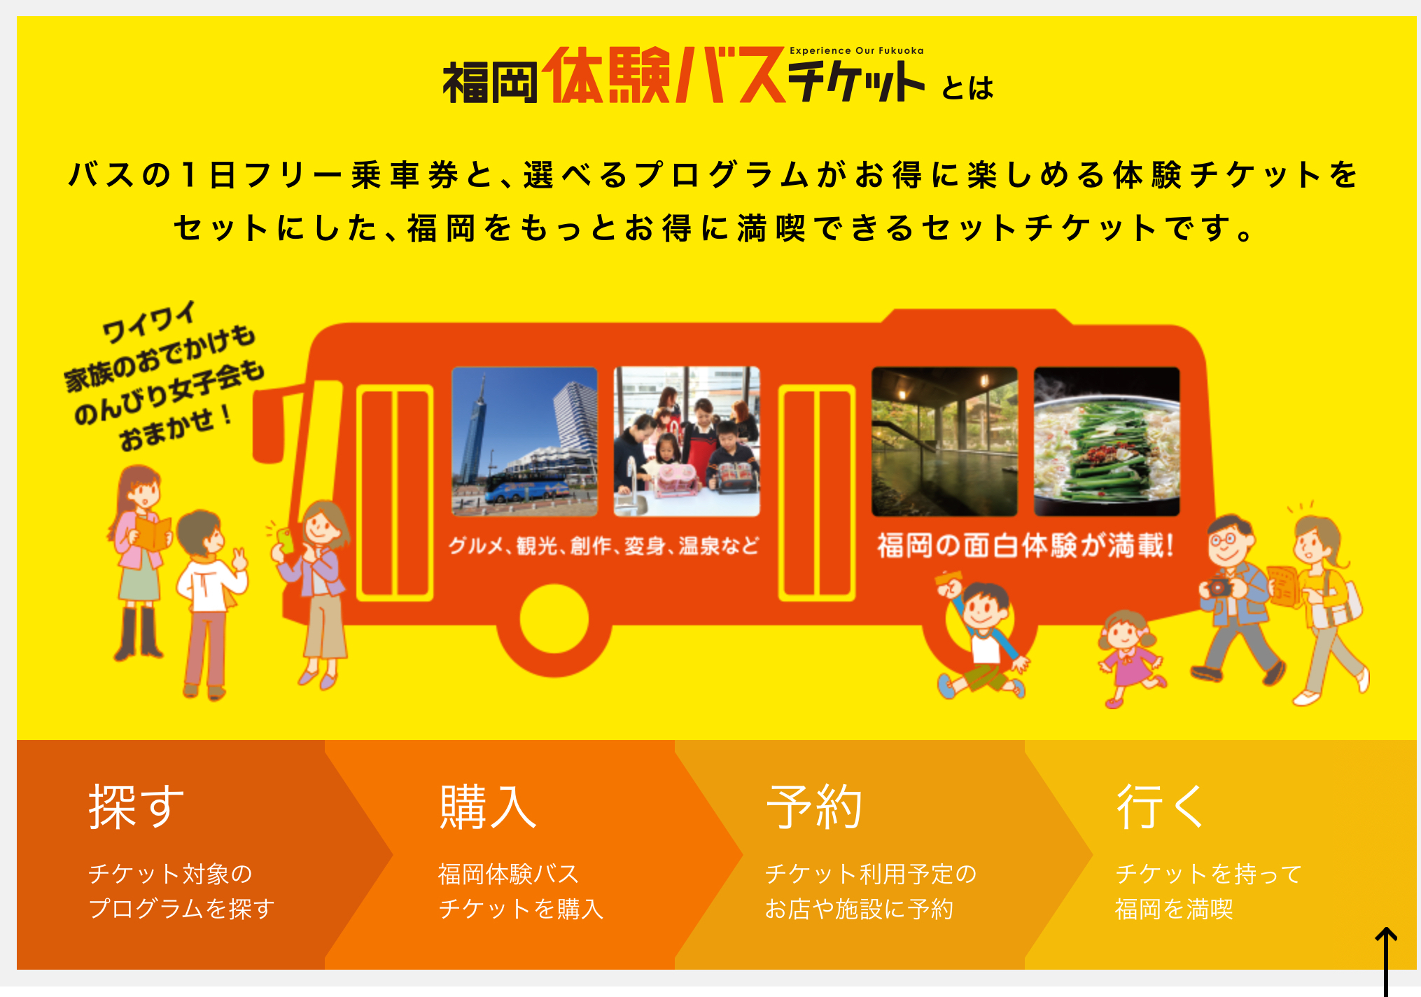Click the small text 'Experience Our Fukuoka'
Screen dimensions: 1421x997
856,50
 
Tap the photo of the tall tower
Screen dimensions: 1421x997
524,441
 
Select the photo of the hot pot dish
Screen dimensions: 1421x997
1107,441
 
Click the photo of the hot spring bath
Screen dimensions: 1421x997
944,441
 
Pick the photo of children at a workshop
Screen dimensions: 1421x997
687,441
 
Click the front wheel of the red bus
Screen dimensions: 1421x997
554,619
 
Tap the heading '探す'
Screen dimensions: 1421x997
136,807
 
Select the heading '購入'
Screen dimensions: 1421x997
488,807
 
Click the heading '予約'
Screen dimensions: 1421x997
814,807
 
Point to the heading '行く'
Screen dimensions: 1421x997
1159,807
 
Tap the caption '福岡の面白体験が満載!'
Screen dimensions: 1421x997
1025,545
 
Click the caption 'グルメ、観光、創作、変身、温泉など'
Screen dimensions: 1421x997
603,545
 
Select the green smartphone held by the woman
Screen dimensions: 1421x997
286,540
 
